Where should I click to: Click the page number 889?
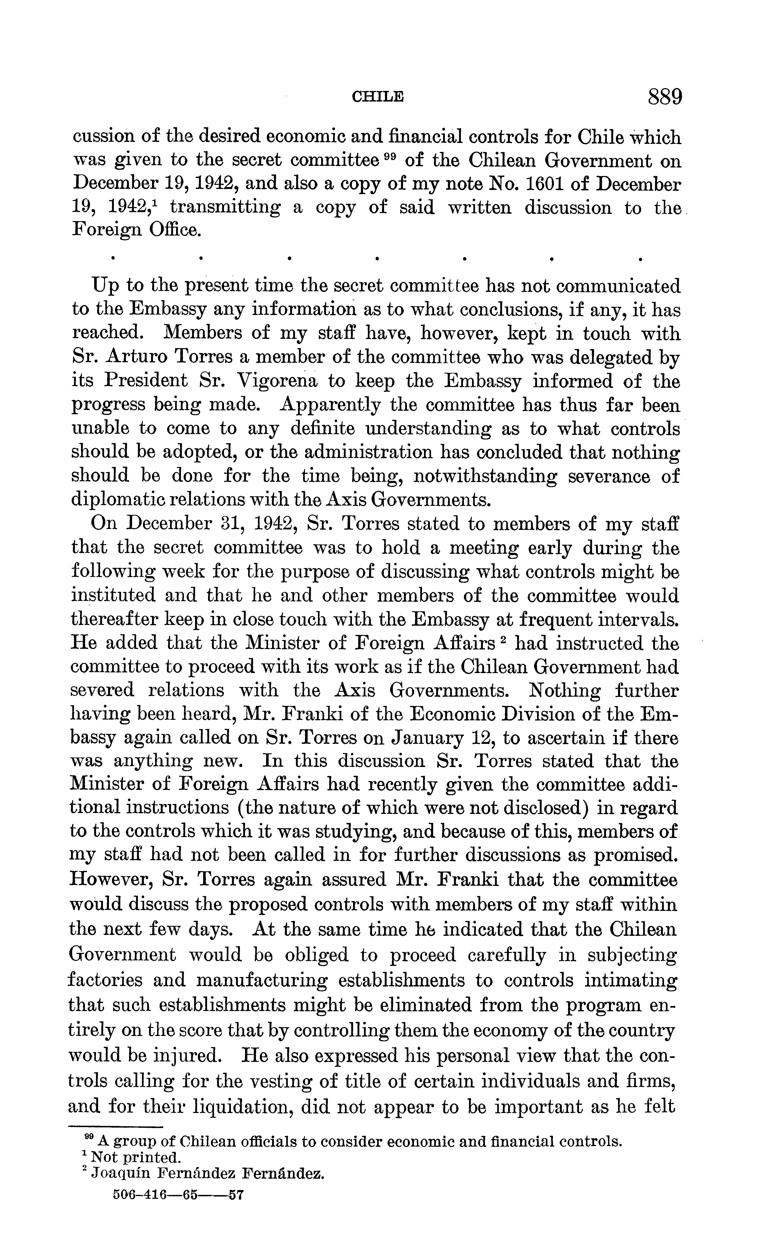pos(664,97)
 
